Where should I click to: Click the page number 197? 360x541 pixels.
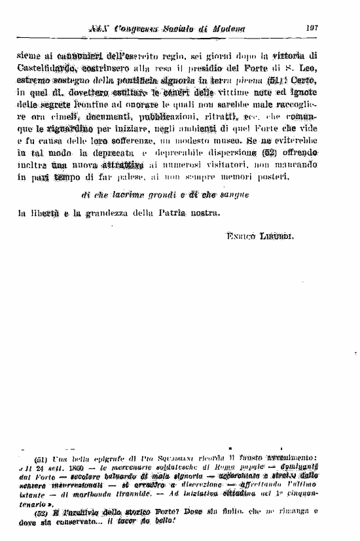click(x=311, y=28)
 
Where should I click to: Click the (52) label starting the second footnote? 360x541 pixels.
click(x=40, y=512)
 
